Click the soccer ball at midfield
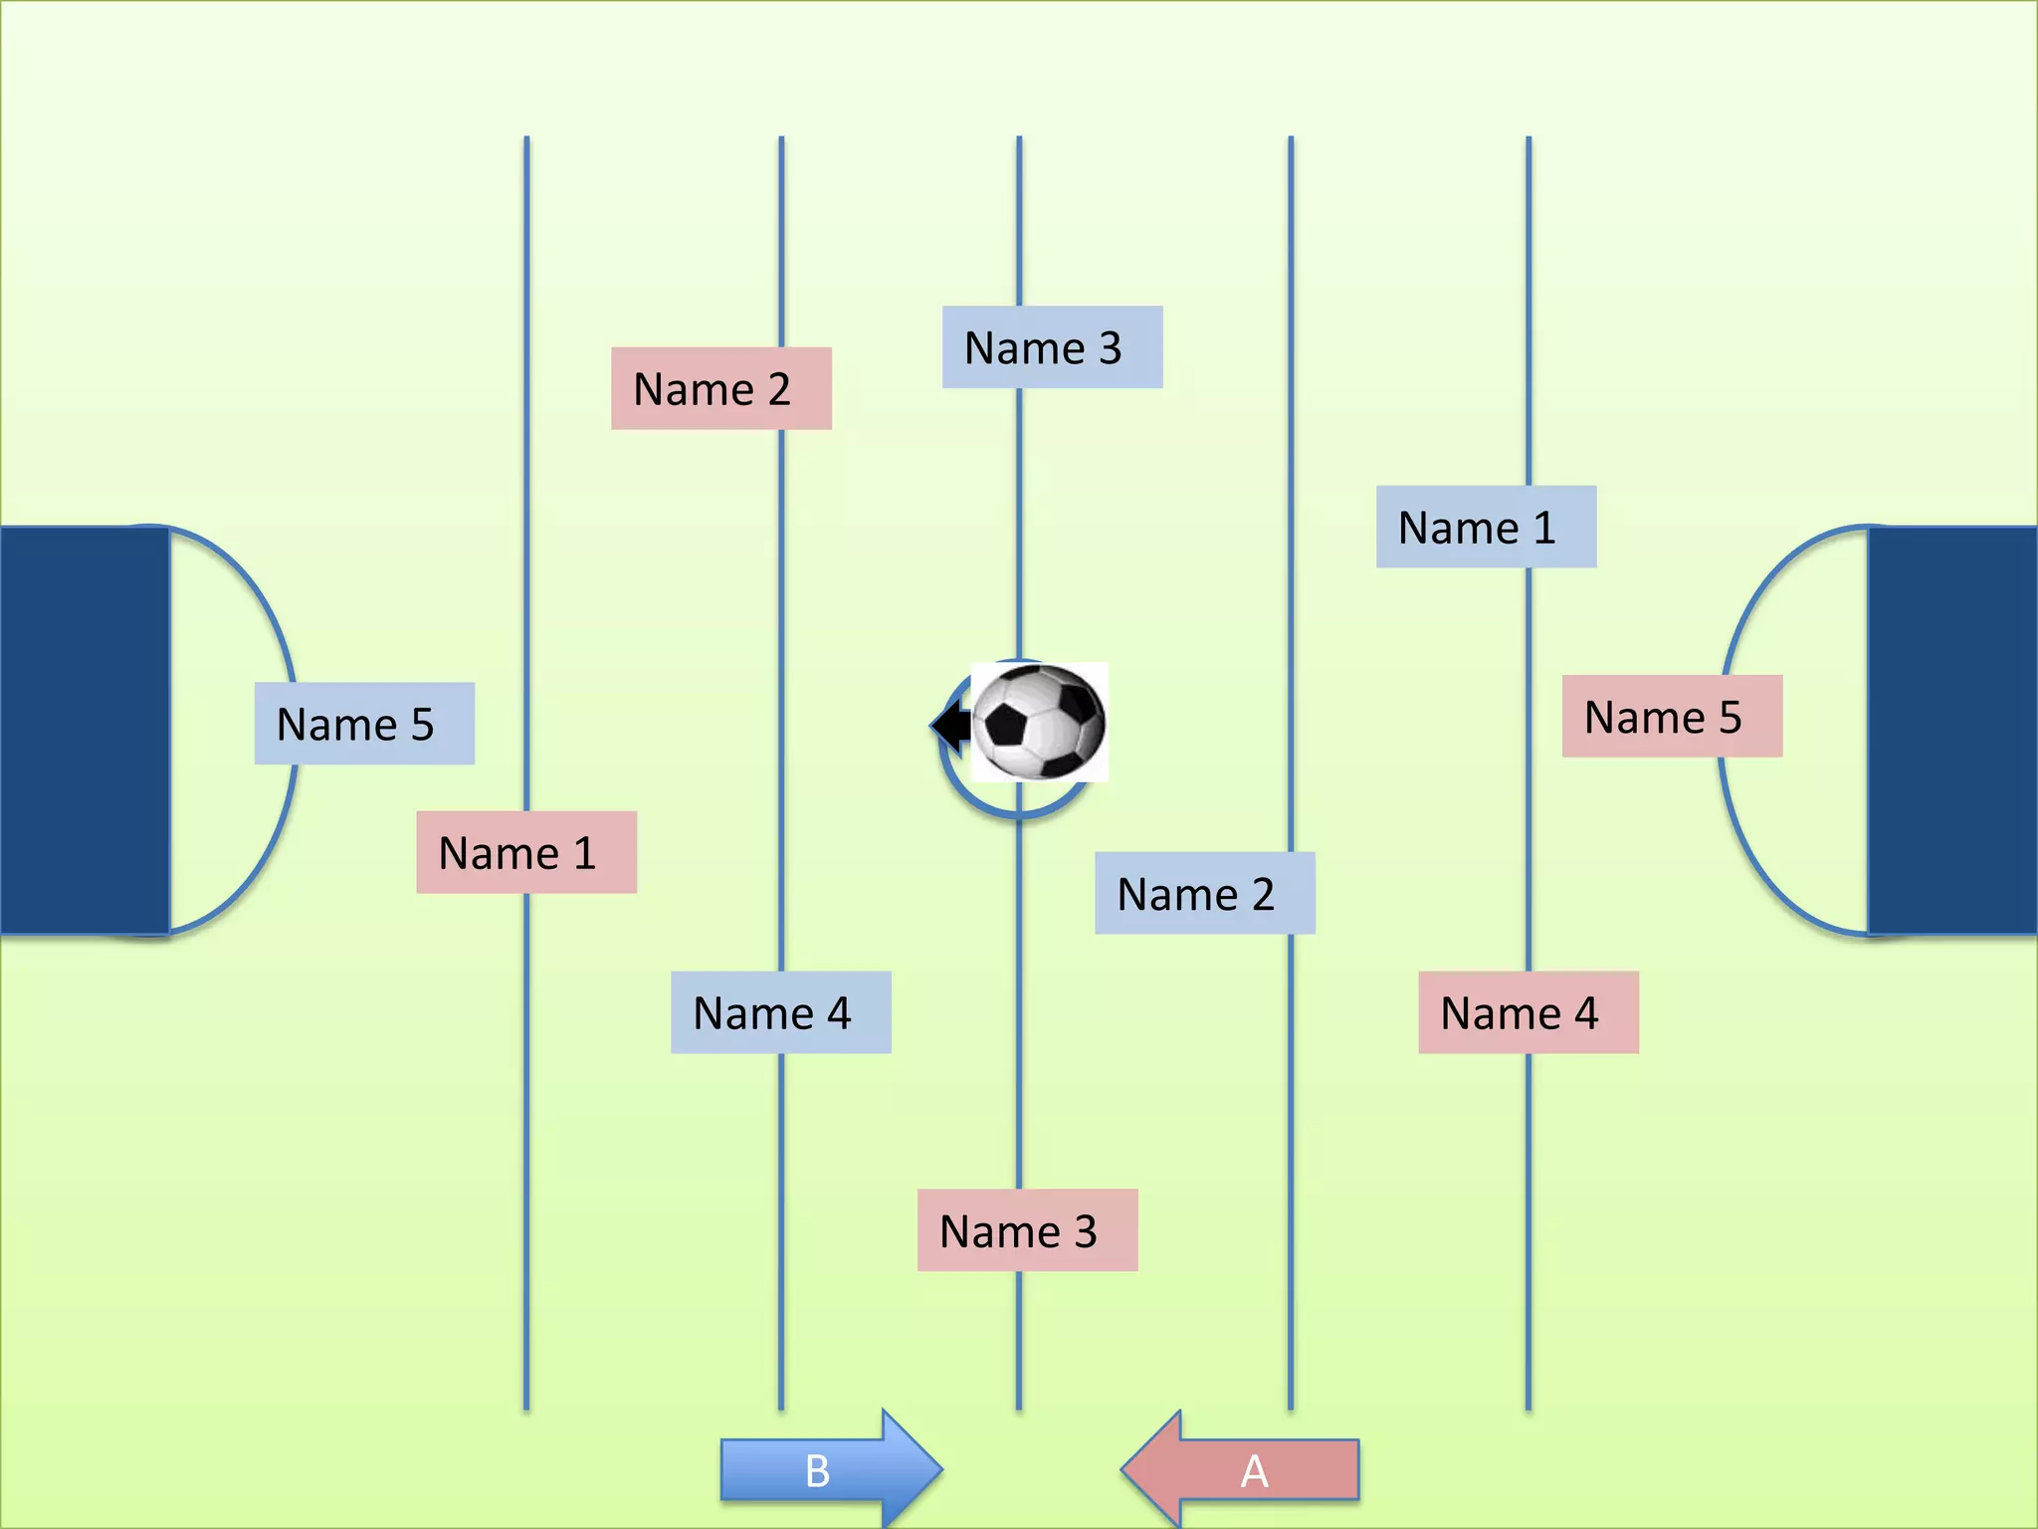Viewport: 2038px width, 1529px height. pyautogui.click(x=1039, y=722)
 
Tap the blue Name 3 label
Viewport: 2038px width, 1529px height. pyautogui.click(x=1052, y=347)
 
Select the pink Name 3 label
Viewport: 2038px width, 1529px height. pyautogui.click(x=1027, y=1230)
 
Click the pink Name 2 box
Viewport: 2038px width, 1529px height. pyautogui.click(x=720, y=388)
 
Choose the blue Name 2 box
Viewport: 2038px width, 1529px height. pyautogui.click(x=1204, y=893)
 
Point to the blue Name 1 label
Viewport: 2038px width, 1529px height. pyautogui.click(x=1486, y=527)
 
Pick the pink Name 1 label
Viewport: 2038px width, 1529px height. pyautogui.click(x=525, y=852)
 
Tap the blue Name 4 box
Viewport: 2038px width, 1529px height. pyautogui.click(x=780, y=1012)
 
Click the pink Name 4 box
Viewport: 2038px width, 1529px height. pyautogui.click(x=1528, y=1012)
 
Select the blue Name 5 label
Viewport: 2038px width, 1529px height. pyautogui.click(x=364, y=724)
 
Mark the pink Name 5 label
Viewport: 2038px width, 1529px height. pyautogui.click(x=1672, y=717)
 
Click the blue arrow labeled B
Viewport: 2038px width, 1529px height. pyautogui.click(x=830, y=1469)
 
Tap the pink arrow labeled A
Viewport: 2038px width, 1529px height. pyautogui.click(x=1242, y=1469)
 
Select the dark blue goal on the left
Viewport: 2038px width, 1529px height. pyautogui.click(x=84, y=731)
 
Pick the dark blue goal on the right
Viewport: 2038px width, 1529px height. pyautogui.click(x=1952, y=731)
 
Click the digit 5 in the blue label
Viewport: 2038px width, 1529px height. pyautogui.click(x=423, y=725)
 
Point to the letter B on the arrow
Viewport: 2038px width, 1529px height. pyautogui.click(x=817, y=1470)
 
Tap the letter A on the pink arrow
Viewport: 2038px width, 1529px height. pyautogui.click(x=1254, y=1470)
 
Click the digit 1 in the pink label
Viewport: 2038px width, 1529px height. pyautogui.click(x=584, y=853)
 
